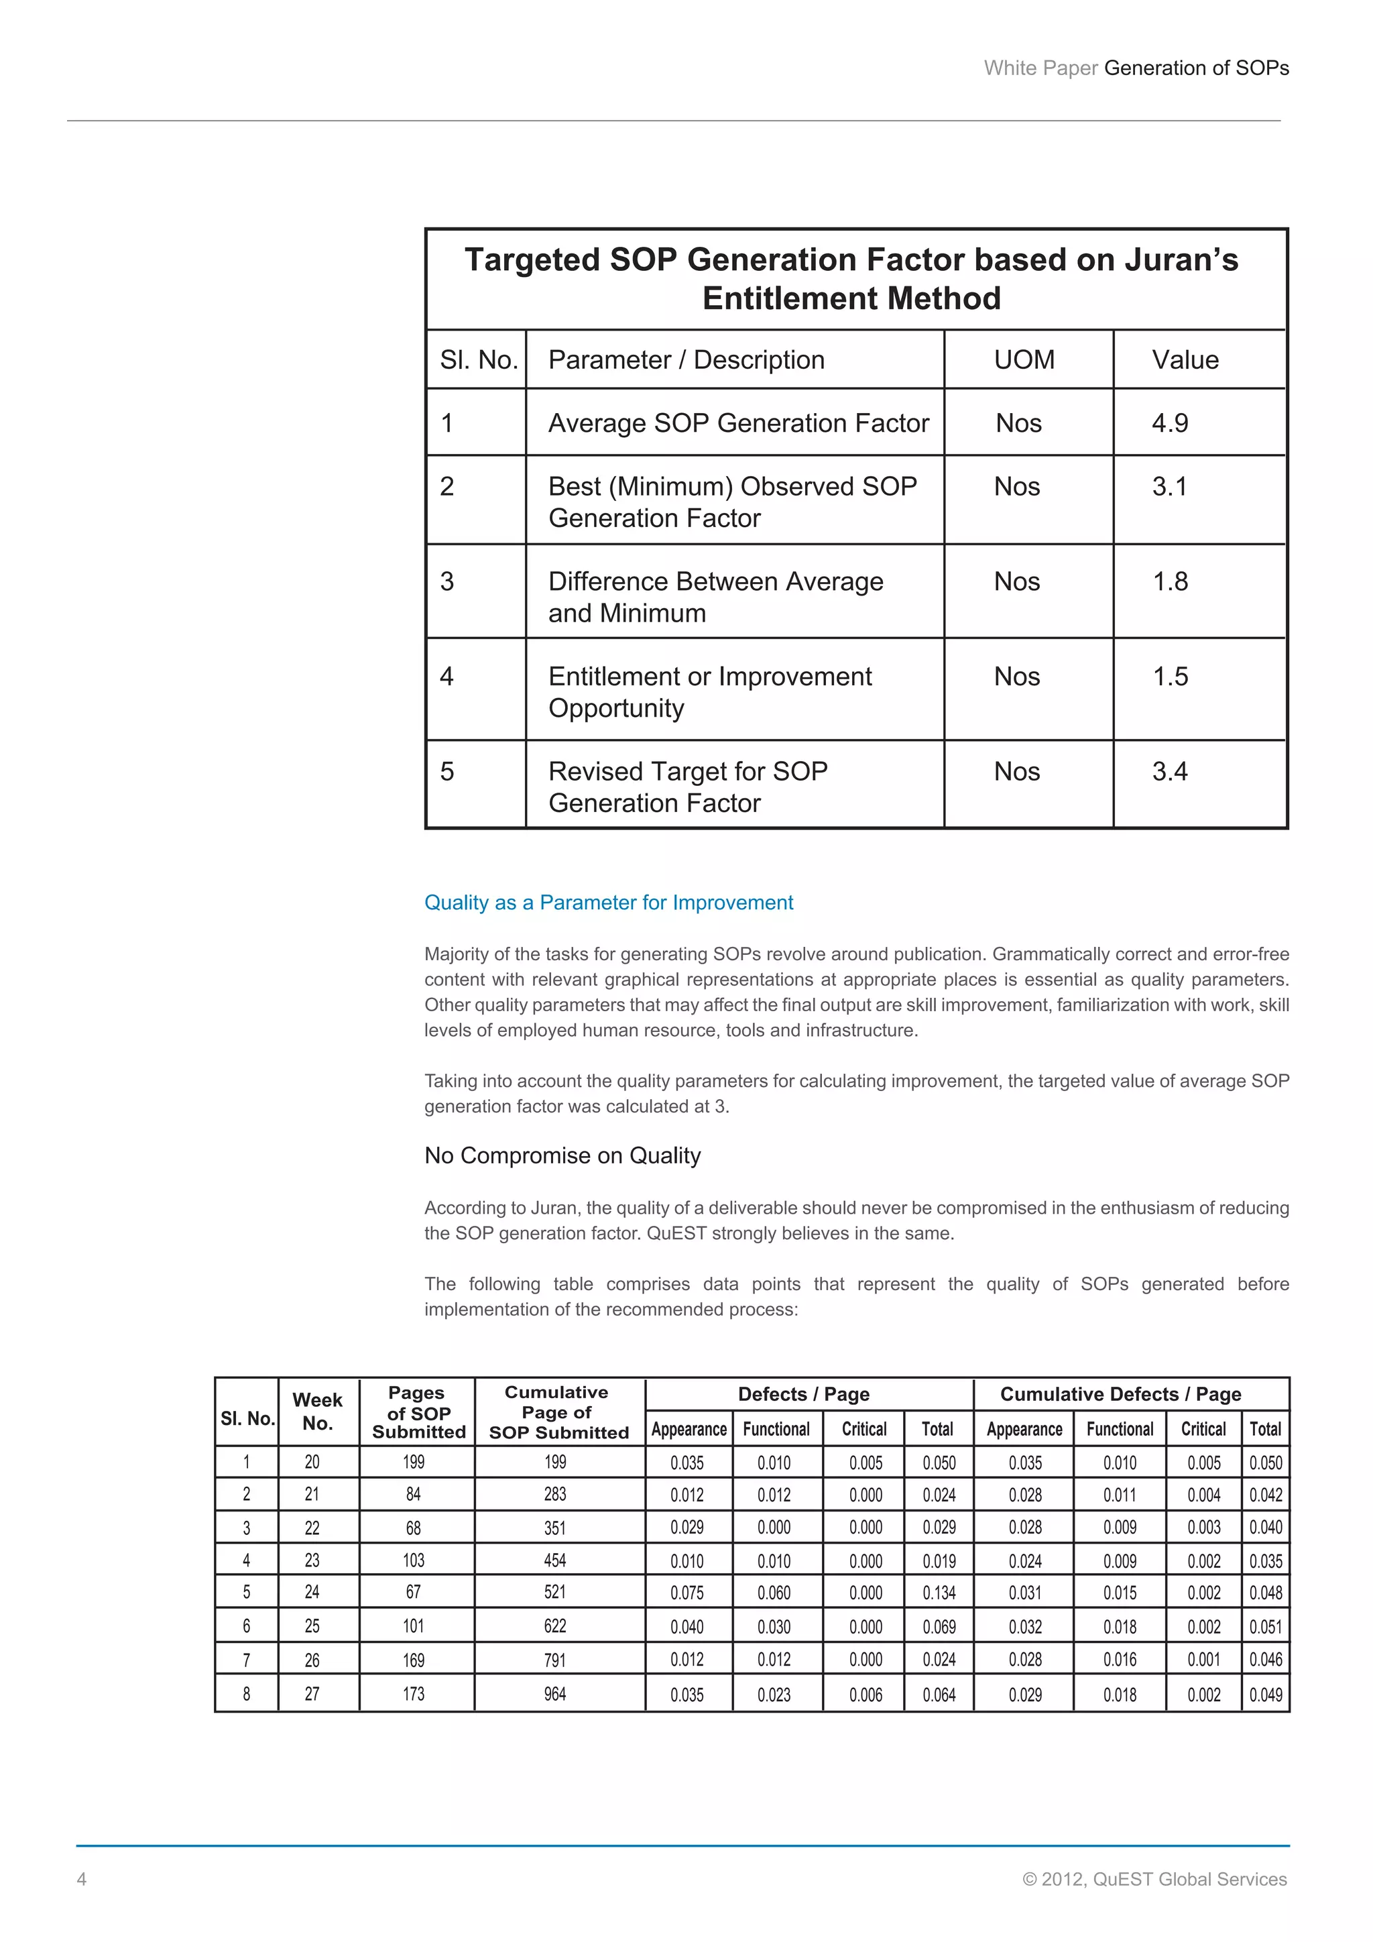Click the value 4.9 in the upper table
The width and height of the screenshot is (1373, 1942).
pyautogui.click(x=1169, y=423)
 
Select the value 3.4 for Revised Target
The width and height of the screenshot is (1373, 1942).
pyautogui.click(x=1169, y=771)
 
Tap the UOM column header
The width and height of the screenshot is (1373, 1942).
pyautogui.click(x=1024, y=360)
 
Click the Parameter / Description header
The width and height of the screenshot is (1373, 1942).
pyautogui.click(x=686, y=360)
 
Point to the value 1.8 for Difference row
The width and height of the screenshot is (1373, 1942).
pyautogui.click(x=1170, y=582)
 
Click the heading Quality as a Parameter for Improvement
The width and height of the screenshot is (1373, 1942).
pyautogui.click(x=608, y=903)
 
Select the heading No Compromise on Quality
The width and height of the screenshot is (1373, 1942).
pyautogui.click(x=562, y=1155)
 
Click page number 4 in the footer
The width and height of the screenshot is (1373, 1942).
pyautogui.click(x=82, y=1880)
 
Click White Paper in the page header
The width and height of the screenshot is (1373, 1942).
pyautogui.click(x=1040, y=68)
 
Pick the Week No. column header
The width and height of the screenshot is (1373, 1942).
pyautogui.click(x=317, y=1411)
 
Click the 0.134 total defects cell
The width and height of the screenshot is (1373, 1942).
pyautogui.click(x=939, y=1593)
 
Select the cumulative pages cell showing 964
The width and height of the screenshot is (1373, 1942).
pyautogui.click(x=554, y=1694)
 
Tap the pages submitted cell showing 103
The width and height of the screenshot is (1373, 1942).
pyautogui.click(x=414, y=1560)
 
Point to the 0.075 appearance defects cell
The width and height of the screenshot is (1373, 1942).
pyautogui.click(x=686, y=1593)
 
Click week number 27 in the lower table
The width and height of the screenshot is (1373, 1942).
pyautogui.click(x=312, y=1694)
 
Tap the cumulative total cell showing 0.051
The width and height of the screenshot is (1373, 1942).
pyautogui.click(x=1265, y=1627)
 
